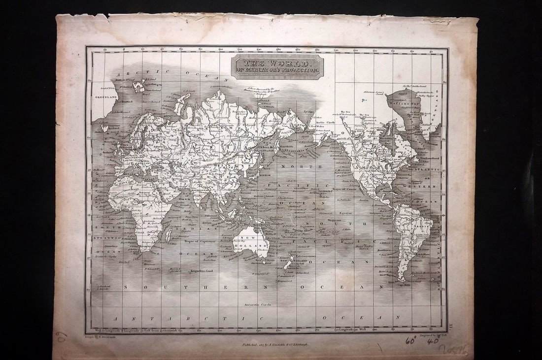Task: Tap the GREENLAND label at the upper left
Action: pyautogui.click(x=105, y=97)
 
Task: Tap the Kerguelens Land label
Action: pyautogui.click(x=202, y=270)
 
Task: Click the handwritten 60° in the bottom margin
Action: pyautogui.click(x=410, y=341)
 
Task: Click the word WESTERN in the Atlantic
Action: pyautogui.click(x=427, y=187)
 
